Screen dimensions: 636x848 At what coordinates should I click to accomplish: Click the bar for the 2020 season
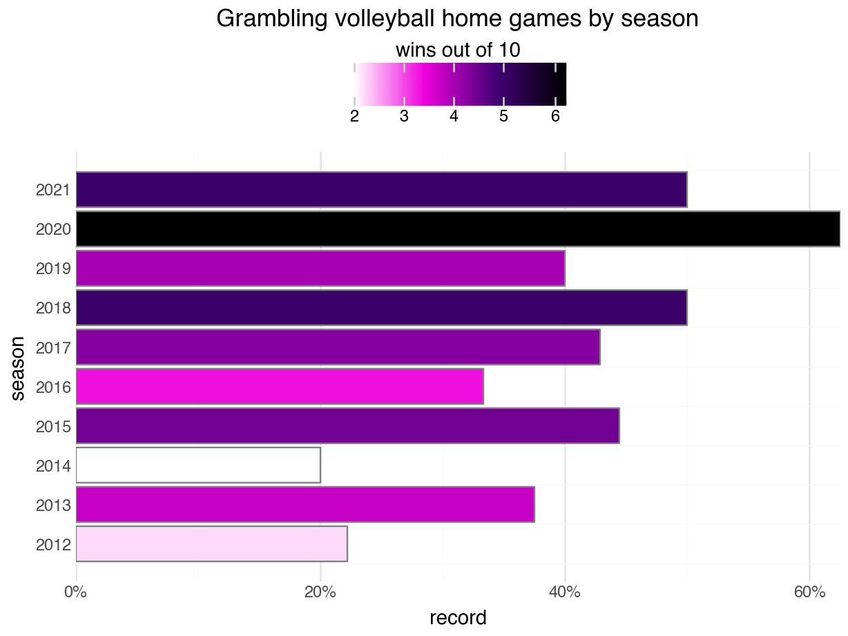click(457, 229)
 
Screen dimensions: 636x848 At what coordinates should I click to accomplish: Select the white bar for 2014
click(197, 465)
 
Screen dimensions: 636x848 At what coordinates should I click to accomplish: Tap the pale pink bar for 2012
click(211, 544)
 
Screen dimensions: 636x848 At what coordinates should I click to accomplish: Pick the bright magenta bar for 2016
click(279, 387)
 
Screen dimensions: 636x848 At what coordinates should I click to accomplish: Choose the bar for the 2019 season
click(320, 268)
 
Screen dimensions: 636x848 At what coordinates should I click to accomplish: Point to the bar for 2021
click(381, 189)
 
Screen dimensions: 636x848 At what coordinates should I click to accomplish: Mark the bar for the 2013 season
click(305, 505)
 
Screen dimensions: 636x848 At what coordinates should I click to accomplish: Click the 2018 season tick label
click(53, 308)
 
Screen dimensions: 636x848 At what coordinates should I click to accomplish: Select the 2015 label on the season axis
click(53, 427)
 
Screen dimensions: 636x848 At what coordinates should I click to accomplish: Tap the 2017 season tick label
click(53, 347)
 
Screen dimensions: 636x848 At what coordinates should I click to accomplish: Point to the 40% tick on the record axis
click(565, 592)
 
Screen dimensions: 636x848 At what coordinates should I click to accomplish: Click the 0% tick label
click(75, 592)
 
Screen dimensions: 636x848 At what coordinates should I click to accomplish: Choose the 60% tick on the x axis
click(809, 592)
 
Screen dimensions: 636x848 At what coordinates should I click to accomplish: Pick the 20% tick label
click(320, 592)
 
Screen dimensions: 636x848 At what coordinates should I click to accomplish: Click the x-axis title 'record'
click(458, 617)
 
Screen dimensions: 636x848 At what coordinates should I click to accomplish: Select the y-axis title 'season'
click(18, 367)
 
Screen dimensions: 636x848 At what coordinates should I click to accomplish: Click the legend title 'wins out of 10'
click(457, 50)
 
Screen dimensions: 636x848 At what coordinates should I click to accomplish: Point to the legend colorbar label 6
click(555, 117)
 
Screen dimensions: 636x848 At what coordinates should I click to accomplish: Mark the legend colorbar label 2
click(354, 117)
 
